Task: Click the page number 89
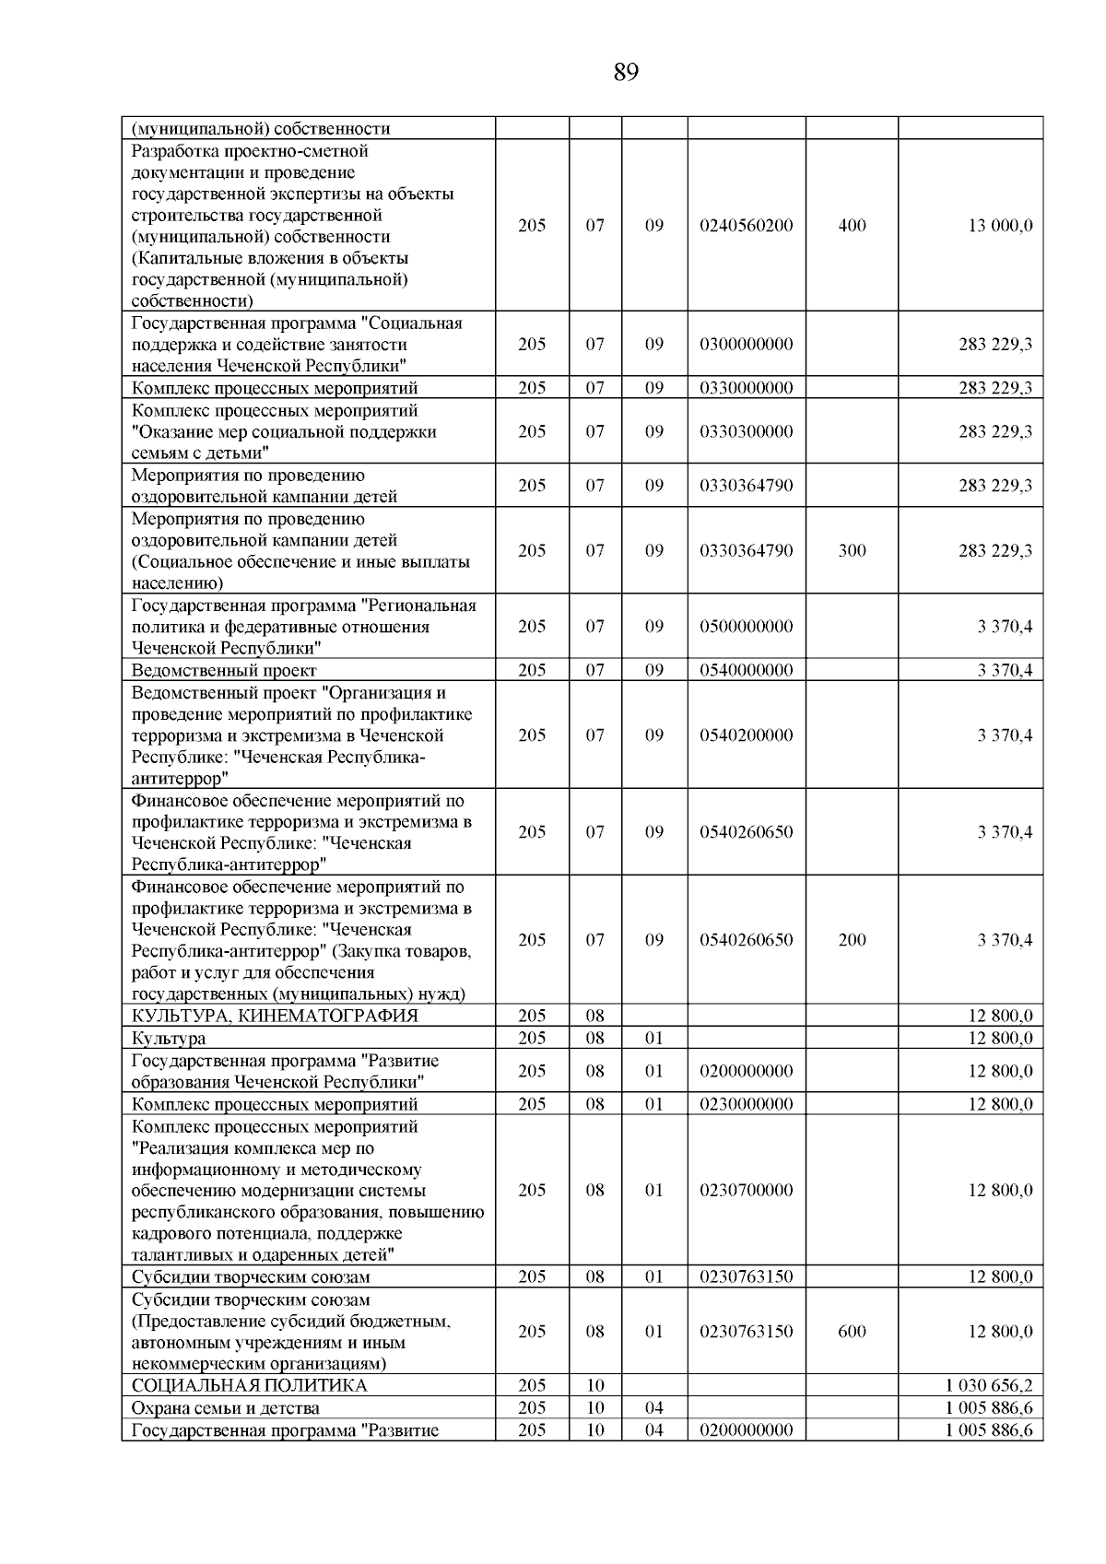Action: coord(625,72)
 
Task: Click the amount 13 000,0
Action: coord(999,226)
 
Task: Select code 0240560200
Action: coord(746,226)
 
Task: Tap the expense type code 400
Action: coord(852,226)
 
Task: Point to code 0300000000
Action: coord(746,345)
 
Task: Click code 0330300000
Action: coord(746,431)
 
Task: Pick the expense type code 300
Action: coord(852,550)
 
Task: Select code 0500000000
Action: coord(746,627)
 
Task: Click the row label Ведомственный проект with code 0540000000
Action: coord(224,671)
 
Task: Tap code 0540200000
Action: coord(746,735)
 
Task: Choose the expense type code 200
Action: coord(852,940)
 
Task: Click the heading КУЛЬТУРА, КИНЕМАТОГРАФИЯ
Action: coord(275,1016)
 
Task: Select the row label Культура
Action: coord(169,1039)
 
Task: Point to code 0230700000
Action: coord(746,1190)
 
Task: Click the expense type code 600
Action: coord(852,1332)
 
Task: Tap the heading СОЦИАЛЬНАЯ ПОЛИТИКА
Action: coord(249,1386)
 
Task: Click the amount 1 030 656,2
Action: coord(988,1386)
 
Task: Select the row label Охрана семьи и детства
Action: coord(226,1408)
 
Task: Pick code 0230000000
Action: coord(746,1104)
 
